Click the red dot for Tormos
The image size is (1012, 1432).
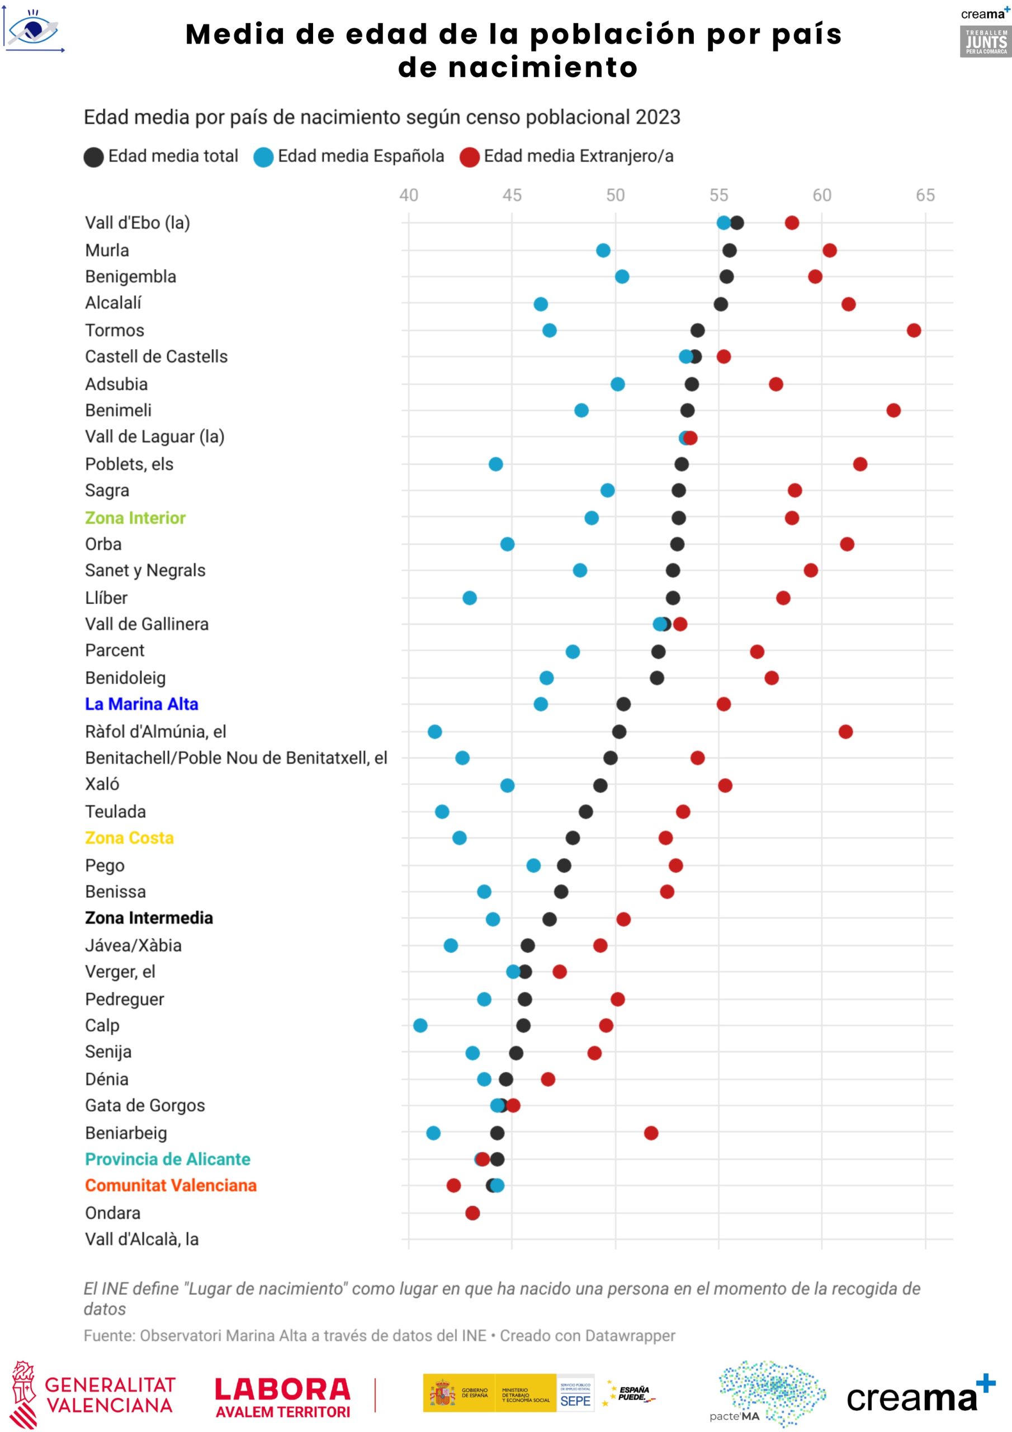[914, 330]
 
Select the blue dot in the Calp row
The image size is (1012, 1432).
[420, 1025]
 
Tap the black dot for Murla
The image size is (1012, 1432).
[729, 250]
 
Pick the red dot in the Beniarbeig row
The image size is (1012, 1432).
[650, 1132]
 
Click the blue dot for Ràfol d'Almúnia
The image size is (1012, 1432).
[434, 731]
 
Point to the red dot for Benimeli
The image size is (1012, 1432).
[893, 410]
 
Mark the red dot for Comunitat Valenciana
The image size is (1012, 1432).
[453, 1184]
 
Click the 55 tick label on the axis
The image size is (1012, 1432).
[718, 195]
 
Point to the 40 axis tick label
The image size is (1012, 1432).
[408, 195]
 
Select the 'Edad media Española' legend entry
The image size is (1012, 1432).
[349, 156]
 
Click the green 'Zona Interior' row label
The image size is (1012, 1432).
[135, 517]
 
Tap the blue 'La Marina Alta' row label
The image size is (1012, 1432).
[141, 704]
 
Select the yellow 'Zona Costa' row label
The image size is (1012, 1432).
[129, 837]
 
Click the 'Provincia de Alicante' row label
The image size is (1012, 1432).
[168, 1158]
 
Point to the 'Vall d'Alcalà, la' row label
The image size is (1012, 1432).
[141, 1238]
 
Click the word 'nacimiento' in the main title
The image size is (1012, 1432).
[518, 67]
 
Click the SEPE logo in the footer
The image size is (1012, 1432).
[575, 1393]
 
